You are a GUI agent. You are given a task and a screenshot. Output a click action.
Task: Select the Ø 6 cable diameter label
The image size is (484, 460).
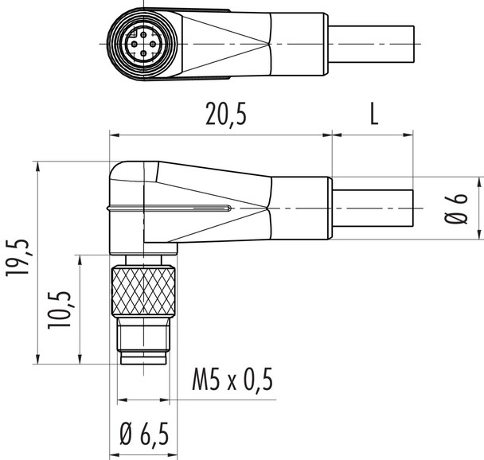[x=455, y=208]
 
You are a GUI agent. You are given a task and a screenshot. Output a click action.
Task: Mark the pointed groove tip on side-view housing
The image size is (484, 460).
[x=231, y=209]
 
